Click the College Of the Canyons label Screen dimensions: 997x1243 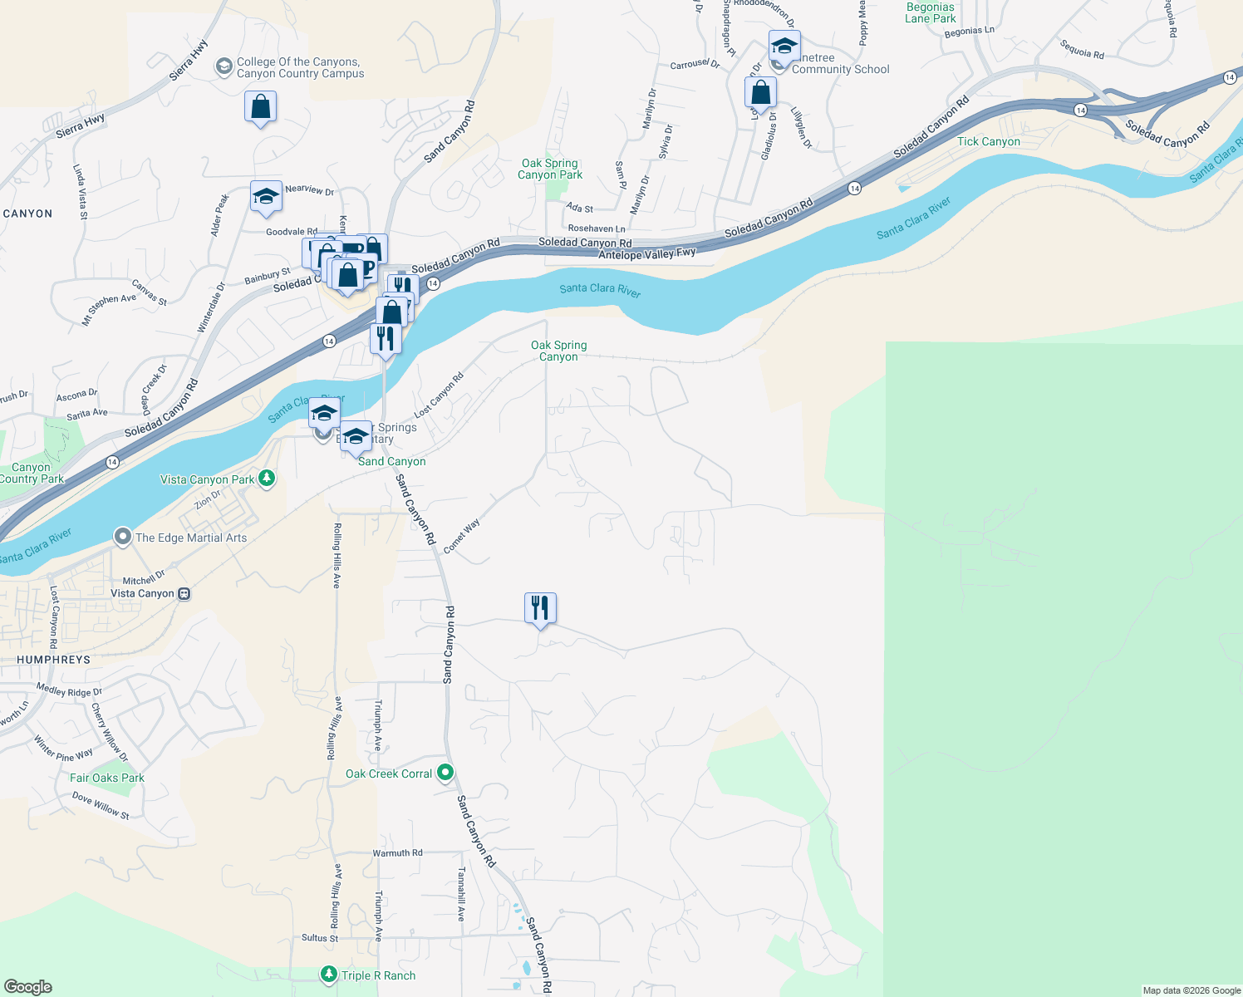click(300, 67)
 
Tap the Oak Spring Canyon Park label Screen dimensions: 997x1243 click(550, 169)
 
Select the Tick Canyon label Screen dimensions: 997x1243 click(988, 142)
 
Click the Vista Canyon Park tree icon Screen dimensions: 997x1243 click(267, 478)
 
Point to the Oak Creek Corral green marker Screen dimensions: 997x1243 click(445, 773)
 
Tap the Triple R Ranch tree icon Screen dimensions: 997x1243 click(329, 975)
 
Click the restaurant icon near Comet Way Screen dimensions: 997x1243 click(540, 608)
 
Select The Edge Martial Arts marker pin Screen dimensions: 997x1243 click(123, 537)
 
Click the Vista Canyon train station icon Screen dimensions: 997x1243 click(184, 593)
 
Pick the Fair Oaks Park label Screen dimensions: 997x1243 click(107, 778)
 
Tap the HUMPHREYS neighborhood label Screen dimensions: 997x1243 click(53, 660)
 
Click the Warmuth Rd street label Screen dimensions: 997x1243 click(397, 853)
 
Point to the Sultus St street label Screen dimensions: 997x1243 click(320, 938)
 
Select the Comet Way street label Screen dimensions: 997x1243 click(461, 537)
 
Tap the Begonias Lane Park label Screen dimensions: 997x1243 click(930, 13)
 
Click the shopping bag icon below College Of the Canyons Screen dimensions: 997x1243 click(260, 108)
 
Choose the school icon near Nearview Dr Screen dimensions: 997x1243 click(266, 198)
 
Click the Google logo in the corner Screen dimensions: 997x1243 click(27, 986)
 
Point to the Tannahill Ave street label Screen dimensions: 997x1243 click(461, 894)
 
